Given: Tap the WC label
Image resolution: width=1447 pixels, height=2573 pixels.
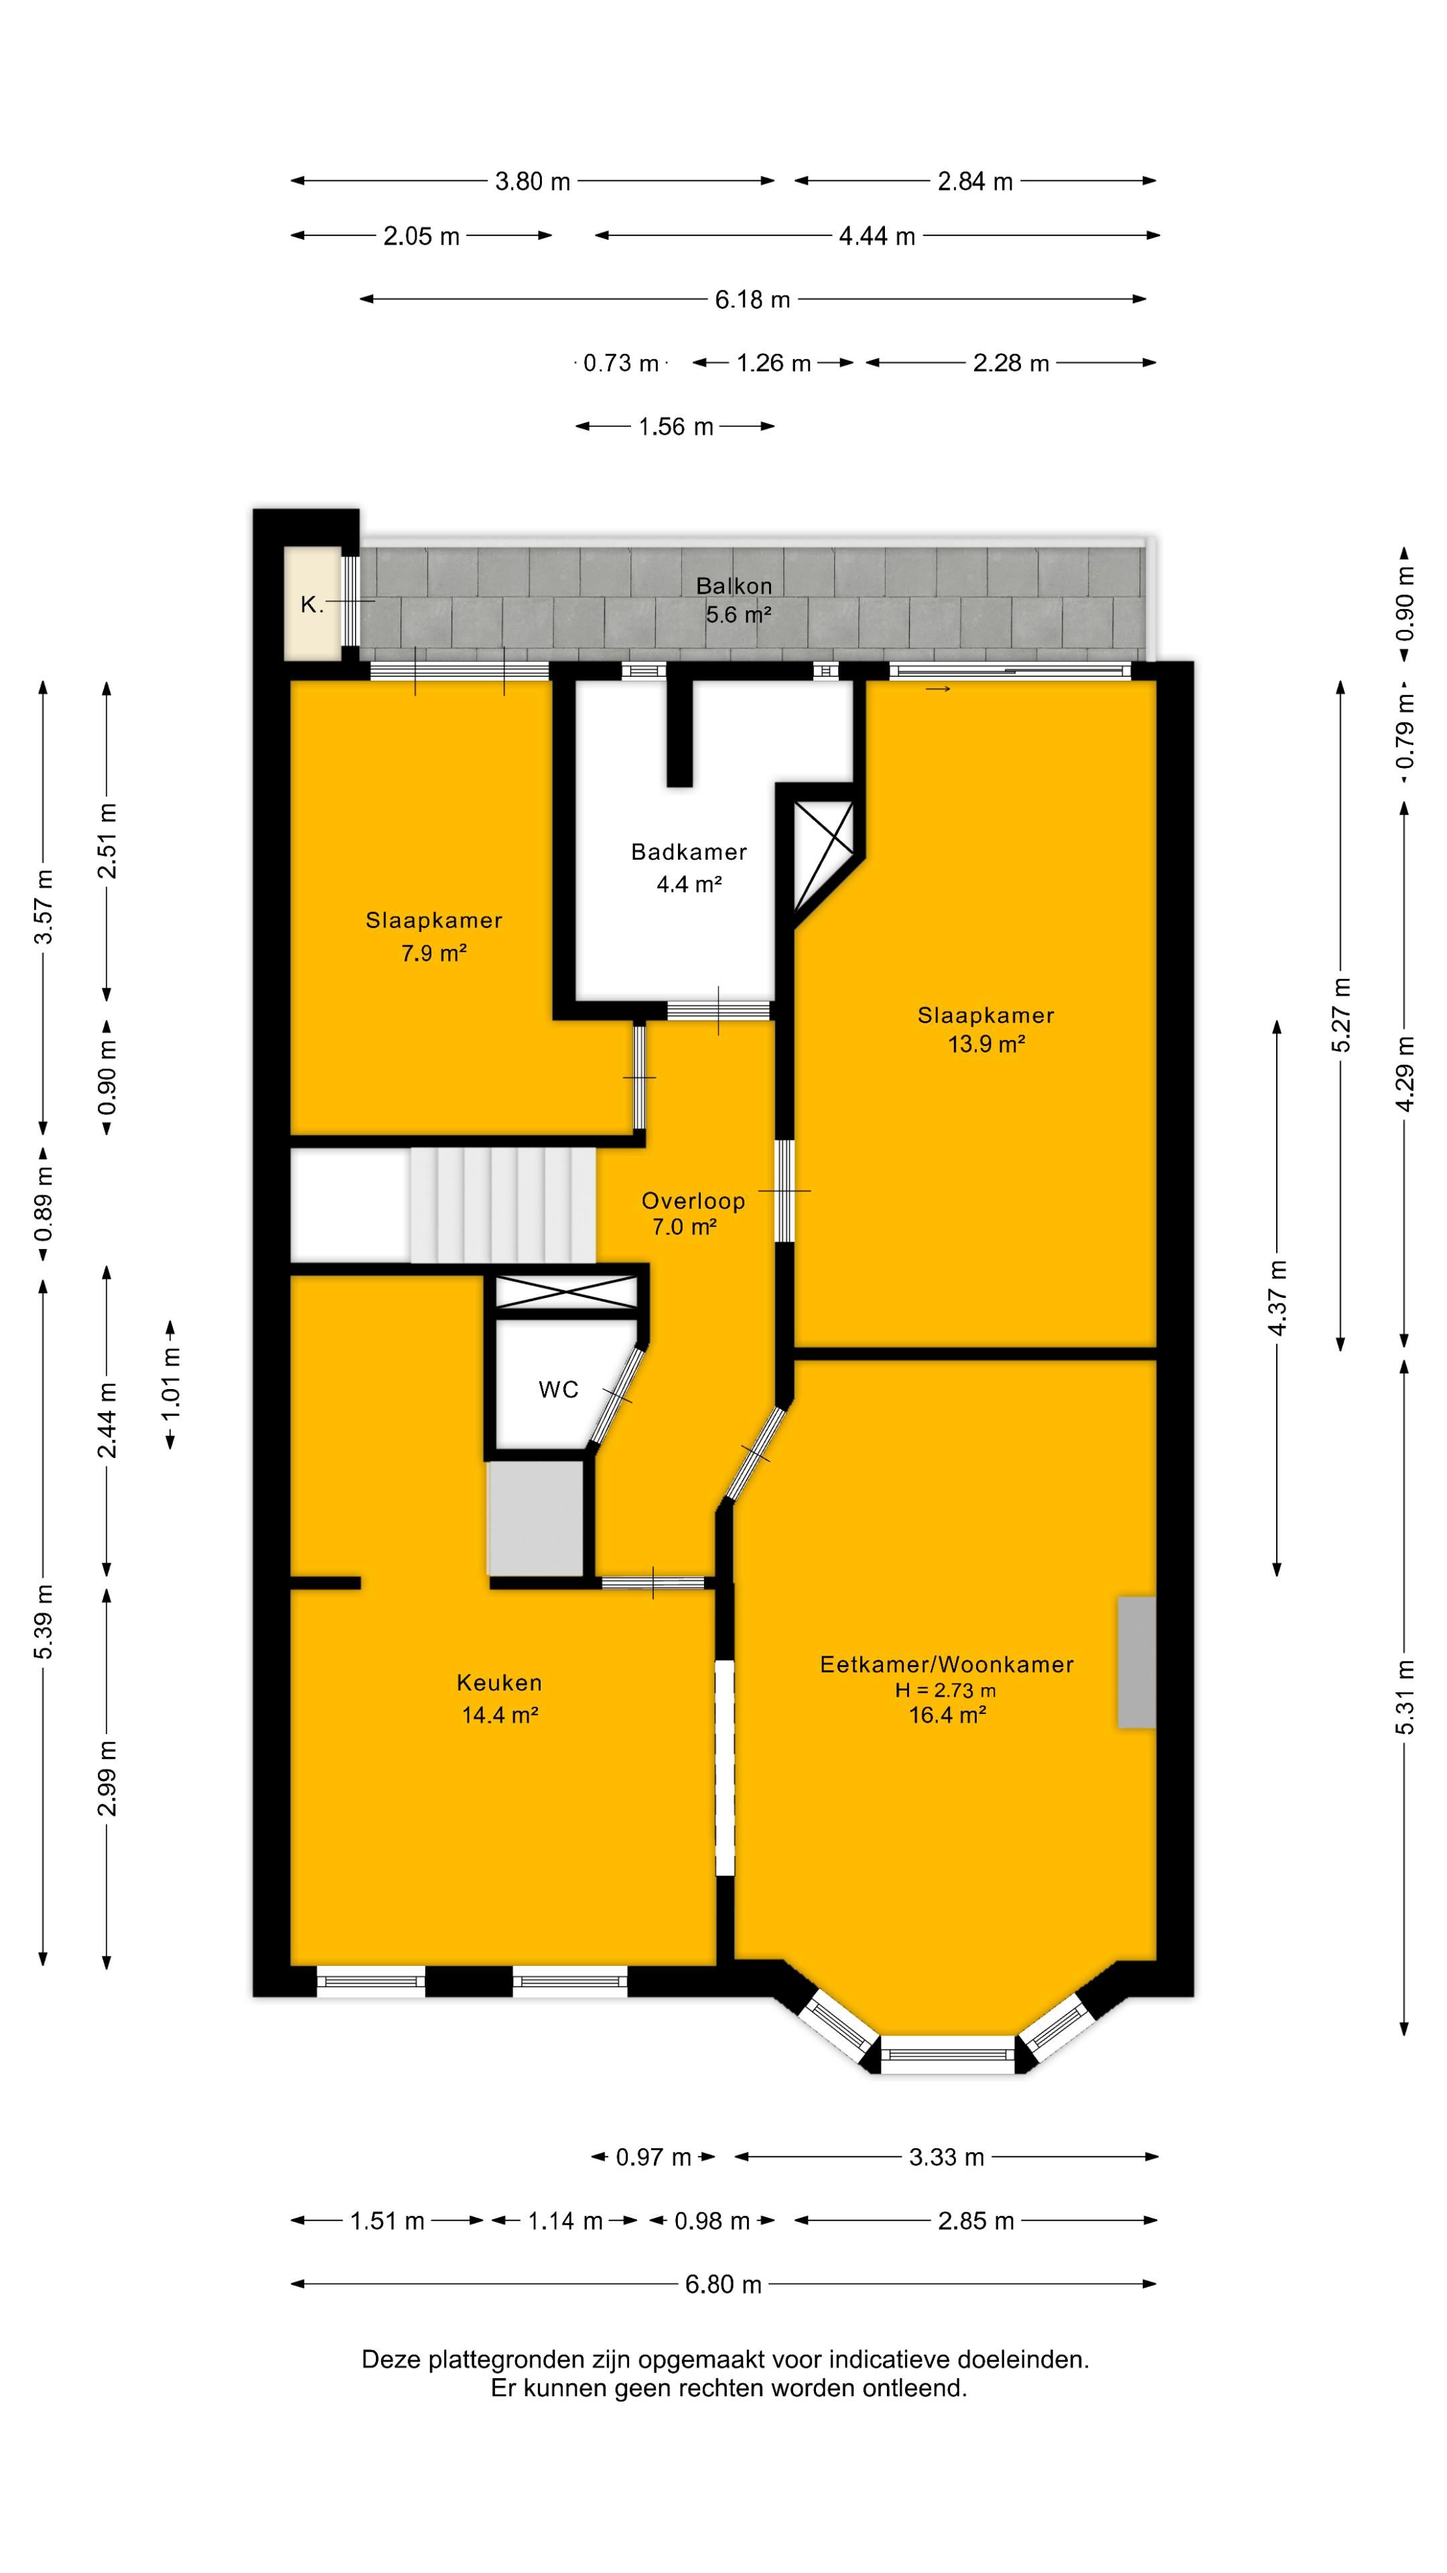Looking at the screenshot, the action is pos(558,1390).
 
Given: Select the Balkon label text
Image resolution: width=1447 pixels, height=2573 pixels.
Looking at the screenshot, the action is pos(734,586).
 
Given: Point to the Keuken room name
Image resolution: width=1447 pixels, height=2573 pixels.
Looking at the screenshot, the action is pos(499,1682).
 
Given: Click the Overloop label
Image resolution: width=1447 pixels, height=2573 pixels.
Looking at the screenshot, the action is pos(693,1201).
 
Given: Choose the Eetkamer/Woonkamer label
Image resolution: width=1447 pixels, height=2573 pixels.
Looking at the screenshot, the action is pos(947,1664).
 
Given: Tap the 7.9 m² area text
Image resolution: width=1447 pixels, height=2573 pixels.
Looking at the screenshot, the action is pos(434,953).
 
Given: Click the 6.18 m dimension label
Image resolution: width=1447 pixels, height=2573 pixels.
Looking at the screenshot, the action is pos(752,300).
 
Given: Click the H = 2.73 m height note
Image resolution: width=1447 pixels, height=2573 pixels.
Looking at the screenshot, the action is pos(946,1690).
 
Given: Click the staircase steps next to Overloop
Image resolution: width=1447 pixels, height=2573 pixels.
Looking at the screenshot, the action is pos(502,1205).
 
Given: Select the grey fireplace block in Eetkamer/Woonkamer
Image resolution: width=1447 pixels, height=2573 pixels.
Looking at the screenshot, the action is pos(1136,1662).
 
